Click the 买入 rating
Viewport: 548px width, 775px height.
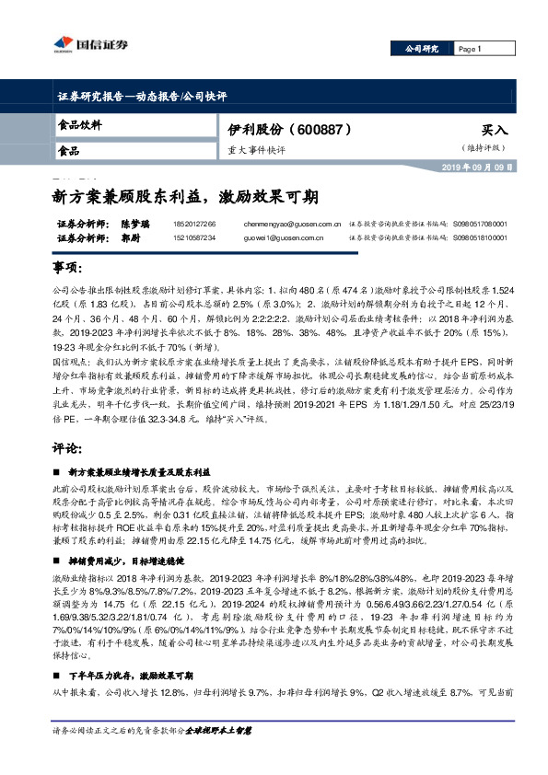coord(494,132)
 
